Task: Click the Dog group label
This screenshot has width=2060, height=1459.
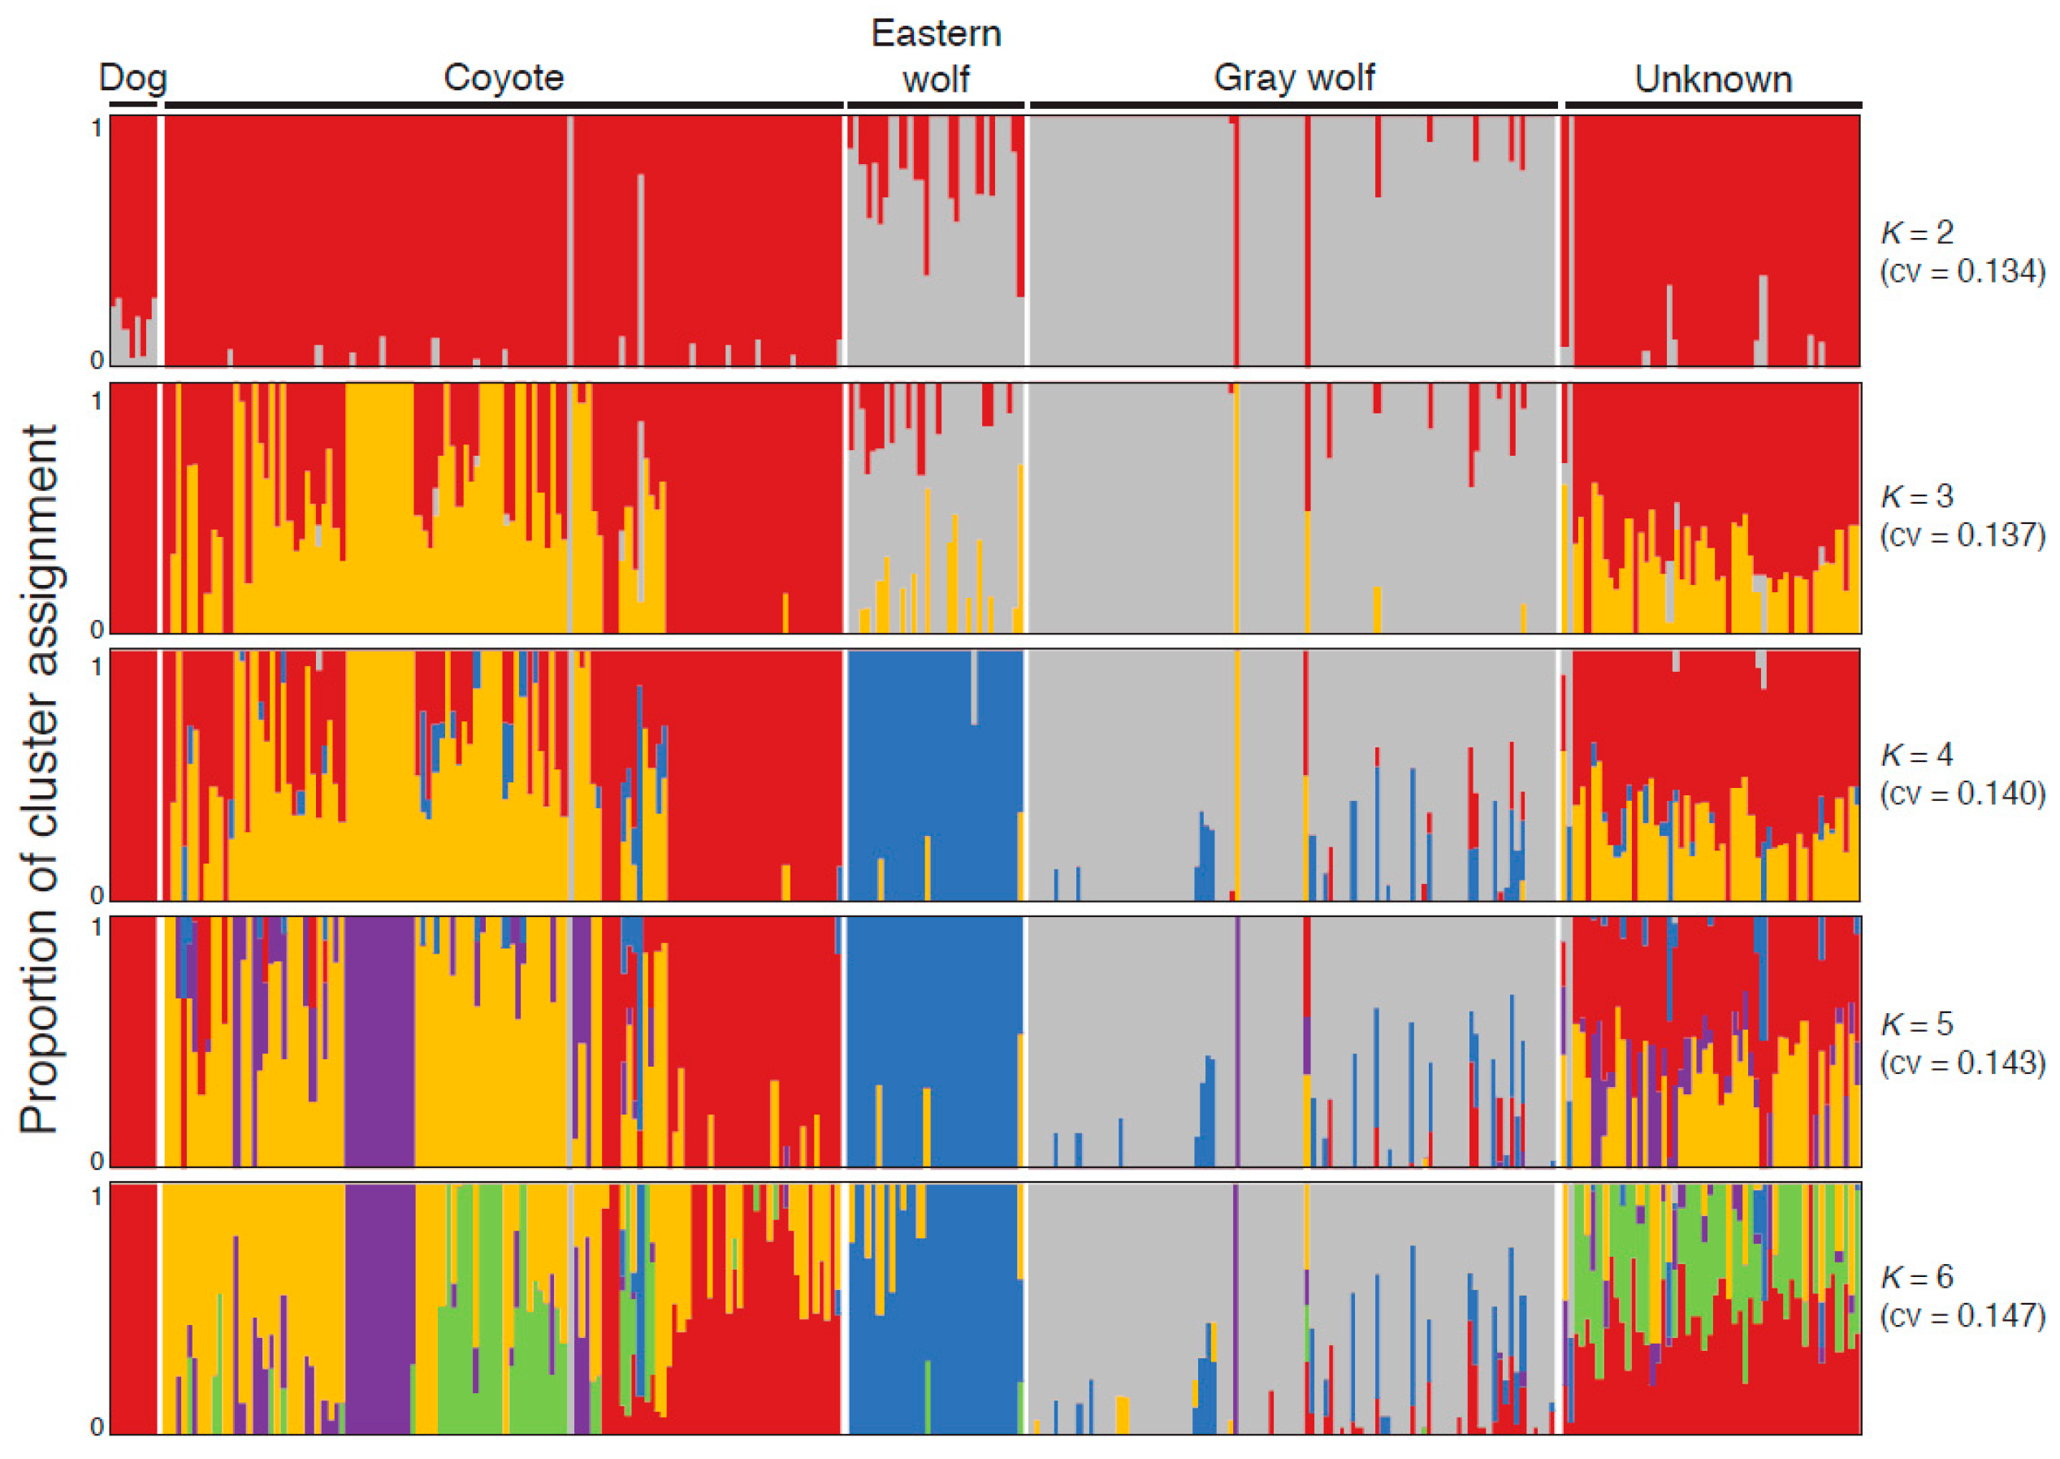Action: point(132,78)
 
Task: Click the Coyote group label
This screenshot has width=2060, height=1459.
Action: point(503,78)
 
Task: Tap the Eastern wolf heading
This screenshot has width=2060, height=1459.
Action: point(935,57)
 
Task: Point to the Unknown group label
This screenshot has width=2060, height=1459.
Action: point(1712,79)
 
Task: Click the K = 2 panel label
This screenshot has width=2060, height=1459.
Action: point(1916,232)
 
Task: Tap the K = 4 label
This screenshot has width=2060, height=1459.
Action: point(1916,755)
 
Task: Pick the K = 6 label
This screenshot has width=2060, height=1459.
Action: point(1916,1277)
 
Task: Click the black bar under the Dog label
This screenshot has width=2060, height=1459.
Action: point(133,105)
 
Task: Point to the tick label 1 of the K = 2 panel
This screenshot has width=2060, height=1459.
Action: point(97,129)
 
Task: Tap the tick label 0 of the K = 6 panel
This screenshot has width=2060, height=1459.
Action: point(97,1426)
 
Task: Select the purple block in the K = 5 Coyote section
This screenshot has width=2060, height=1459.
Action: point(379,1042)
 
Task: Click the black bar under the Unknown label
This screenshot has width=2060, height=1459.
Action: point(1712,105)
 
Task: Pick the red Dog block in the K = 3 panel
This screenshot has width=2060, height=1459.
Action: point(133,509)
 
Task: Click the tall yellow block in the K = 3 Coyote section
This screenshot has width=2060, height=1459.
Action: point(379,509)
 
